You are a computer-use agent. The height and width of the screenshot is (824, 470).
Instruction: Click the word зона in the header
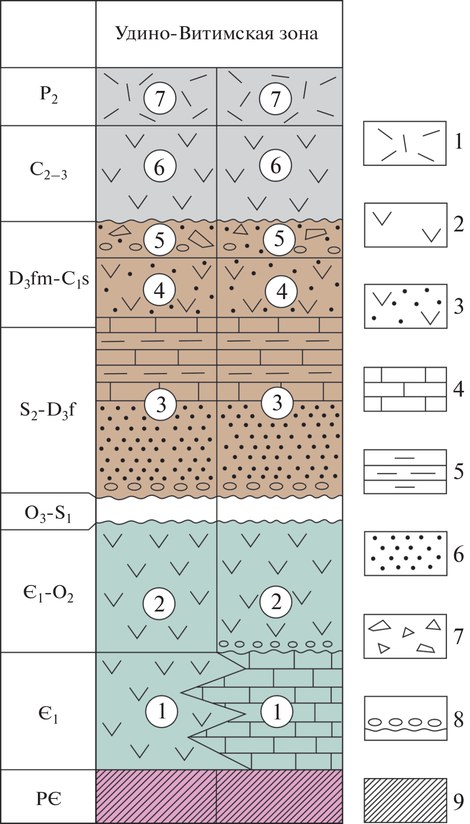[x=298, y=34]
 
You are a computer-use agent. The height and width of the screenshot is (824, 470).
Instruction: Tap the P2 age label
[x=48, y=94]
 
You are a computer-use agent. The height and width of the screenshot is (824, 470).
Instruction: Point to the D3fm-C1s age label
[x=48, y=279]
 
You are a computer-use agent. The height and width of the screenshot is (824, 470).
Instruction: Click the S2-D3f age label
[x=47, y=409]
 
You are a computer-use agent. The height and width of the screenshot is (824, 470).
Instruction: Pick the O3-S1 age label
[x=47, y=513]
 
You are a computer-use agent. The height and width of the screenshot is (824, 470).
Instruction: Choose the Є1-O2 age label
[x=48, y=593]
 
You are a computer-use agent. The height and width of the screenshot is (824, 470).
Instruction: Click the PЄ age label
[x=48, y=799]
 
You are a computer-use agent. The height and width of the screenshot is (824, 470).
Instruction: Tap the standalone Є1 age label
[x=48, y=714]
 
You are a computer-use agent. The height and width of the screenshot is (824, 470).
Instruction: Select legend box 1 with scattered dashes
[x=405, y=143]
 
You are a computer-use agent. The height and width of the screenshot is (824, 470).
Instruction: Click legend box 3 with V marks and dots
[x=406, y=306]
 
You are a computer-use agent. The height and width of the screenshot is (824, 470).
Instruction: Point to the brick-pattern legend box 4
[x=405, y=389]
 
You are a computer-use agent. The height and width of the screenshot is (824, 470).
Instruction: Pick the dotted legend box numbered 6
[x=406, y=553]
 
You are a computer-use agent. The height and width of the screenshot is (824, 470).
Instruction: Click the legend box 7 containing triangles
[x=405, y=636]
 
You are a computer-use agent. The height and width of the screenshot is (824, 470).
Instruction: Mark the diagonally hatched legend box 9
[x=405, y=800]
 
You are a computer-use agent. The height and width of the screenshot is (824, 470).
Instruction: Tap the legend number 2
[x=459, y=224]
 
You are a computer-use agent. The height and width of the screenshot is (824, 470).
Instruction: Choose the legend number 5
[x=459, y=471]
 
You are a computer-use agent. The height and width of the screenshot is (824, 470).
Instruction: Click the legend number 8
[x=459, y=719]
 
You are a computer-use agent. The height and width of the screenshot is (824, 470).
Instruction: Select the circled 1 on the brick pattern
[x=277, y=711]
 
